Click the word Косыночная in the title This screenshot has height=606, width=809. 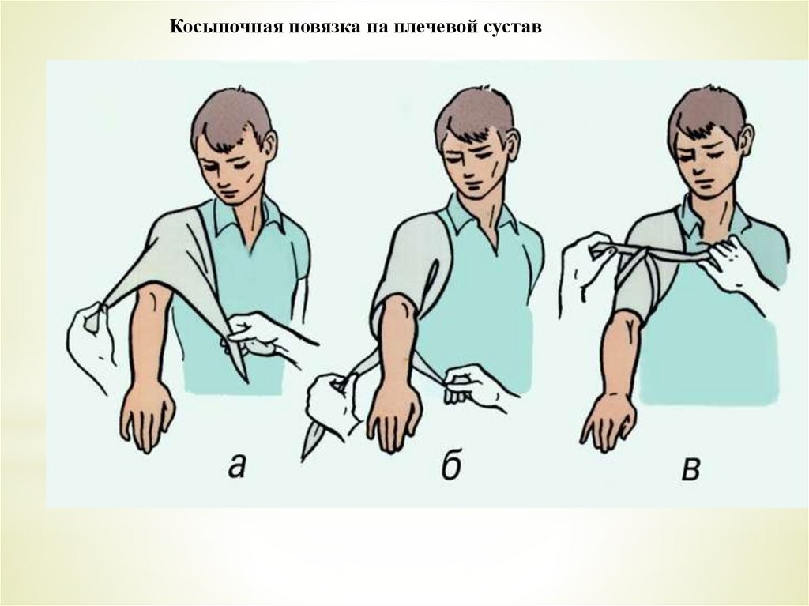225,26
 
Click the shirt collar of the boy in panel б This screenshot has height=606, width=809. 483,214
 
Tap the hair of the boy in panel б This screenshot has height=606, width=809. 472,116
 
